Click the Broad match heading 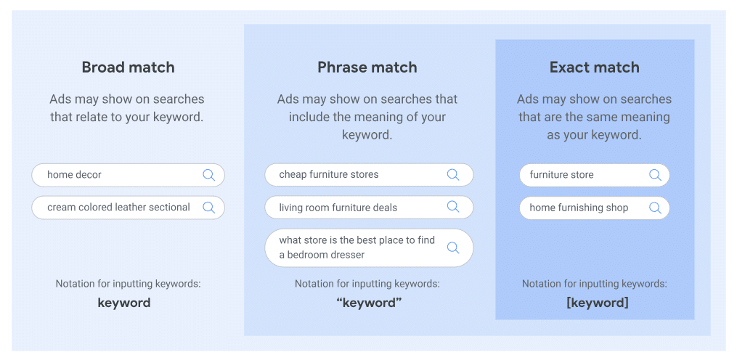click(128, 67)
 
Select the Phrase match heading click(367, 67)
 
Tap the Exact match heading click(594, 67)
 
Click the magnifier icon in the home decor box click(208, 175)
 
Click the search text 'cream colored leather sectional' click(118, 208)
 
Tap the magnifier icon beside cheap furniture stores click(453, 175)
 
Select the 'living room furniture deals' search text click(338, 208)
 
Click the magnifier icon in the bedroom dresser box click(453, 247)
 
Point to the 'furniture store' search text click(561, 175)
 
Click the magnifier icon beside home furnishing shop click(655, 208)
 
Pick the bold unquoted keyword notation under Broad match click(124, 303)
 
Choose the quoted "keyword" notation click(369, 303)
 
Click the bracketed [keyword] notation click(597, 303)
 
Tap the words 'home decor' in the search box click(74, 175)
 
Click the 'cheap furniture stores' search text click(328, 175)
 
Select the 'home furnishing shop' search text click(579, 208)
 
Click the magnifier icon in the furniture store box click(655, 175)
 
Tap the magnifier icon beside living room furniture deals click(453, 208)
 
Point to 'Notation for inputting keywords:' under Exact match click(594, 284)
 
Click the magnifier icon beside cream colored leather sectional click(208, 208)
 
